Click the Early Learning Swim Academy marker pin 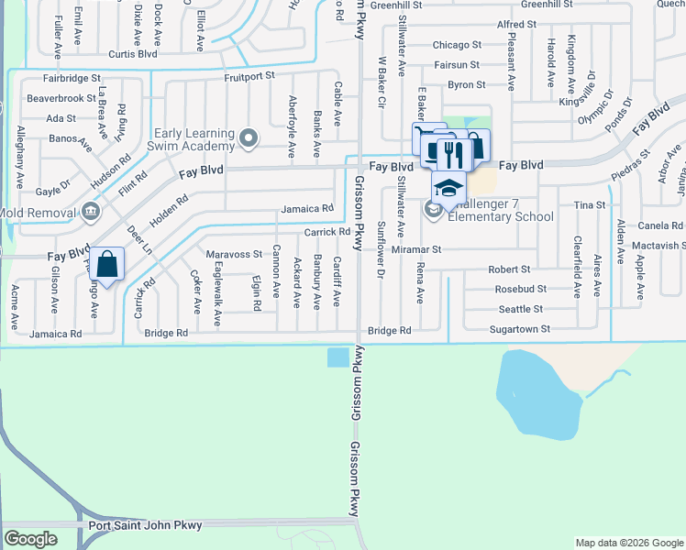click(248, 139)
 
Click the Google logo click(30, 539)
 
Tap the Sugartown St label click(519, 328)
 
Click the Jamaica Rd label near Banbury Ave click(306, 209)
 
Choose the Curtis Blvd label click(133, 53)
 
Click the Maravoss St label click(234, 254)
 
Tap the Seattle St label click(520, 309)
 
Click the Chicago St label click(457, 45)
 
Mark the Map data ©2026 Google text click(628, 543)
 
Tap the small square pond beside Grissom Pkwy click(337, 357)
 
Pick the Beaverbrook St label click(61, 97)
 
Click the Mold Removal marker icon click(90, 212)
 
